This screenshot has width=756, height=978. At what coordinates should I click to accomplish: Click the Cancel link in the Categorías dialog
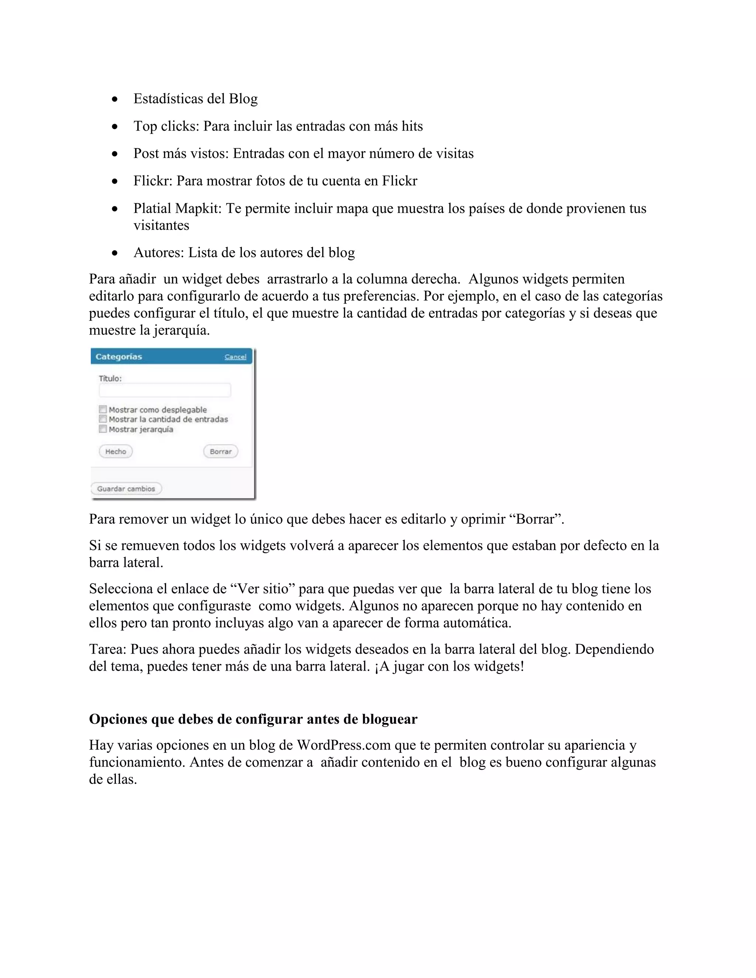(235, 357)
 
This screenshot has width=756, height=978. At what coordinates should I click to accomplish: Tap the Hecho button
(116, 451)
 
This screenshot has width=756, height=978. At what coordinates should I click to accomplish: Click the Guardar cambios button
(126, 489)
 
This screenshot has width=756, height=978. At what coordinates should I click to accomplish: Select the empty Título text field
(165, 390)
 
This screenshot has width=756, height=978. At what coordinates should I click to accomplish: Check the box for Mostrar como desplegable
(103, 409)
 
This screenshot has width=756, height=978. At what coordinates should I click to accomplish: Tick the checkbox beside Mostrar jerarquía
(103, 429)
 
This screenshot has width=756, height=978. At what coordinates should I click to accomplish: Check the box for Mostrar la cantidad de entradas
(103, 419)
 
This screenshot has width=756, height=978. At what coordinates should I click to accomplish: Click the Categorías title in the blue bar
(119, 357)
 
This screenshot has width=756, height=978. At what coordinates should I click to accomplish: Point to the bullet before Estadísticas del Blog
(115, 99)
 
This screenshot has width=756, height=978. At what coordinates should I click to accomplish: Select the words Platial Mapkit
(177, 208)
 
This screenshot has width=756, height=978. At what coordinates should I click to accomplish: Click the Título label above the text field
(110, 378)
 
